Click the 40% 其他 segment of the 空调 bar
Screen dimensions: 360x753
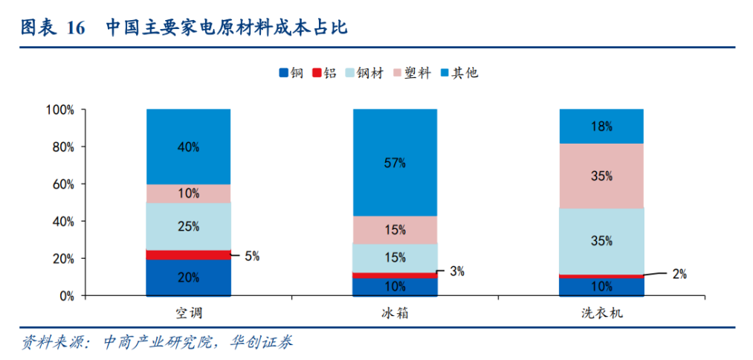tap(188, 147)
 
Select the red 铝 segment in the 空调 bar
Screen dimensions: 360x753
tap(188, 255)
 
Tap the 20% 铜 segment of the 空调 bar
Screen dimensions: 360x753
tap(188, 277)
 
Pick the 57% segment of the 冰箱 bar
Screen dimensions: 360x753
tap(394, 162)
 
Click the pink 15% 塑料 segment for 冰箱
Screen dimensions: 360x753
tap(394, 230)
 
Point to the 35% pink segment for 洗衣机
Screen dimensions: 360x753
tap(601, 176)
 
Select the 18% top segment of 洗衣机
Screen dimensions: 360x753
tap(601, 126)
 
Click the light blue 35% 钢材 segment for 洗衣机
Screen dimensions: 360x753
tap(601, 240)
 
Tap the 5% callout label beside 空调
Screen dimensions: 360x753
tap(251, 256)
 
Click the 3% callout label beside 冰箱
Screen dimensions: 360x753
tap(456, 271)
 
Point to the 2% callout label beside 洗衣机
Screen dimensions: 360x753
tap(679, 274)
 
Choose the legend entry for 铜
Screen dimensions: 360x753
tap(291, 73)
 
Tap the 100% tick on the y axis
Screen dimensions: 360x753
tap(60, 110)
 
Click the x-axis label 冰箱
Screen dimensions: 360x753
tap(394, 313)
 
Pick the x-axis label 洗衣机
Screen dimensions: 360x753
tap(601, 313)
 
